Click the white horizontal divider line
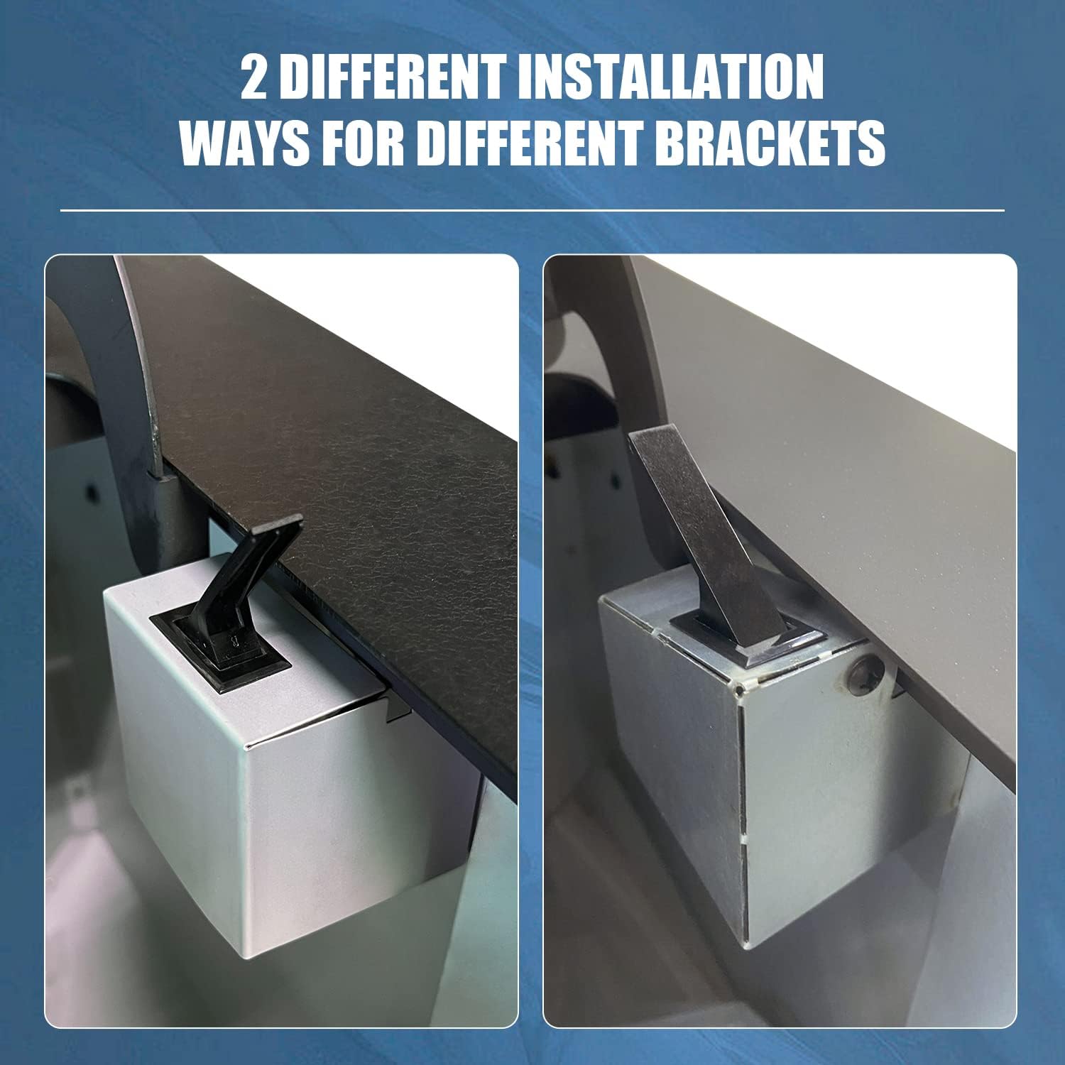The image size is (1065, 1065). [532, 210]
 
